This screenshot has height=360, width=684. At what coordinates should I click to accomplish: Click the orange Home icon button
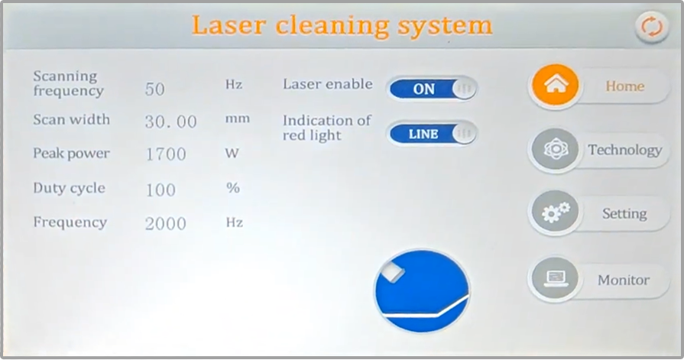(556, 86)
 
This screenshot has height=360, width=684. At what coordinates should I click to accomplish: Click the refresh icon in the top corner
(651, 27)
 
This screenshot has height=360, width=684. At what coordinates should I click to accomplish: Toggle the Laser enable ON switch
(433, 88)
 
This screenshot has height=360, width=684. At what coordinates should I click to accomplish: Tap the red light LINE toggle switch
(433, 134)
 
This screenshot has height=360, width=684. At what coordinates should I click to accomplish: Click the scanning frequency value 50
(155, 89)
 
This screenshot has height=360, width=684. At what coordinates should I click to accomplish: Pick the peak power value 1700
(166, 154)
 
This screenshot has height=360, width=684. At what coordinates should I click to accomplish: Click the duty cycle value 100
(160, 190)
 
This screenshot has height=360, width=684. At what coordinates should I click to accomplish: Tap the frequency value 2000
(166, 224)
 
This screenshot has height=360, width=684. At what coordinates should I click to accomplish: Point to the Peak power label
(71, 154)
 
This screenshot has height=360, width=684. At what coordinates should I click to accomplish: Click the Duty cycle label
(69, 188)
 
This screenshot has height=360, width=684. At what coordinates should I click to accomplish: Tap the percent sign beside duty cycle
(233, 188)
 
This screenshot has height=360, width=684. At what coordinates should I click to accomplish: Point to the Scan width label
(71, 119)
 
